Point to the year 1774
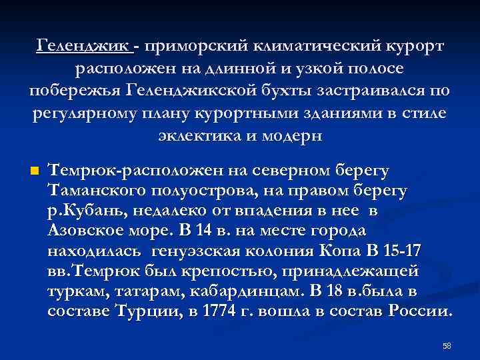239,311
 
